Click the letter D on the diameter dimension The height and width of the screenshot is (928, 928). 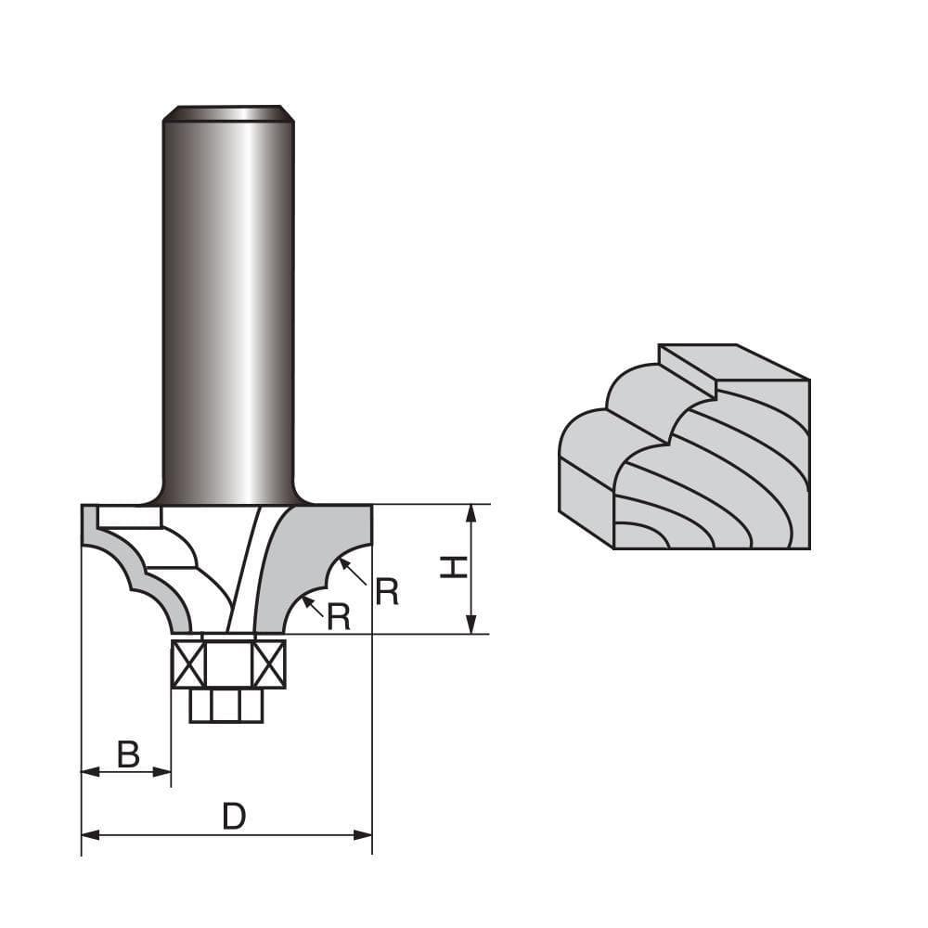tap(234, 817)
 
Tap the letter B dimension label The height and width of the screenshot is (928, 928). tap(128, 754)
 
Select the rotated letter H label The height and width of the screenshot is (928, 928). tap(453, 567)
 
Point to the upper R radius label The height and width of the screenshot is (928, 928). tap(386, 592)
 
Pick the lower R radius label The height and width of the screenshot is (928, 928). tap(339, 617)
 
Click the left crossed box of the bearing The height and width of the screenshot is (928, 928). tap(188, 664)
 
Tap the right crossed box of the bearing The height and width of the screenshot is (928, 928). tap(269, 664)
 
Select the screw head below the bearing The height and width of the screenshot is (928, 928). tap(226, 706)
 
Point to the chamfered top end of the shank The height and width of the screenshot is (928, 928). tap(228, 113)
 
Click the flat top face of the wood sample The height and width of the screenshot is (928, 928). tap(733, 362)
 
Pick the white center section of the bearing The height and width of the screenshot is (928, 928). tap(228, 664)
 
